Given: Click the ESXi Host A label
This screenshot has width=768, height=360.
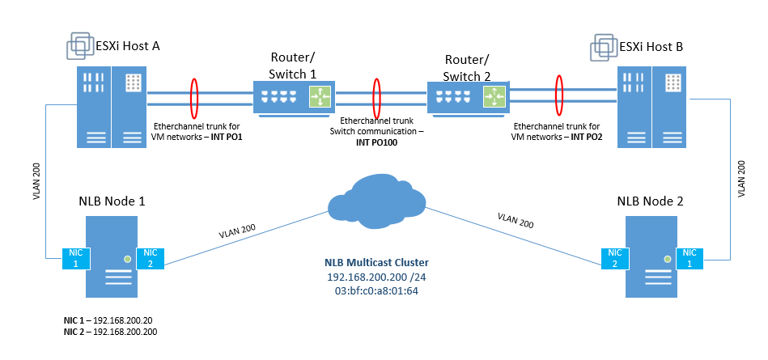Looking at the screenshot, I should pos(129,46).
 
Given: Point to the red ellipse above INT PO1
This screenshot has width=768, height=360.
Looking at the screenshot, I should pos(194,97).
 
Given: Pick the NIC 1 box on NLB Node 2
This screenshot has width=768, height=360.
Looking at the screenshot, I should pos(690,259).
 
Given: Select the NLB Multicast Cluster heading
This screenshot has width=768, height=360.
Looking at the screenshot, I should pos(376,262).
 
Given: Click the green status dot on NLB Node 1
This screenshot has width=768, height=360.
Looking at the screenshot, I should pos(126,260).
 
